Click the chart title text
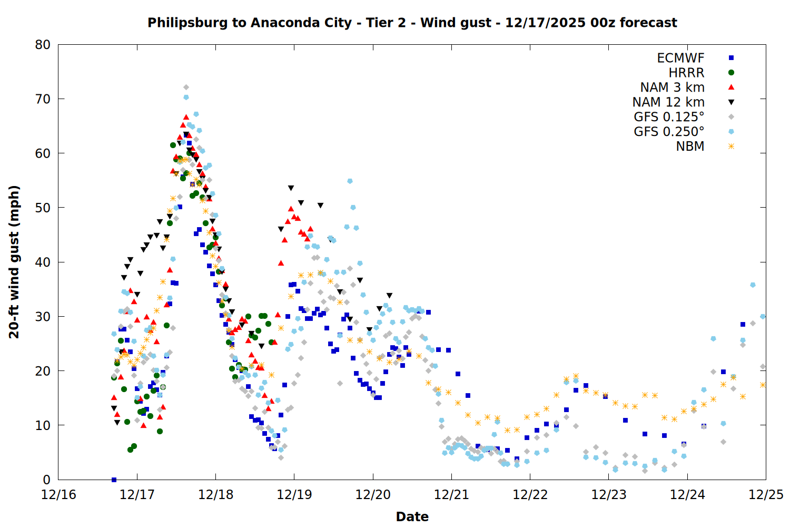412,23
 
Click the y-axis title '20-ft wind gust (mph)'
14,262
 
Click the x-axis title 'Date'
412,516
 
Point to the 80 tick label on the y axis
43,45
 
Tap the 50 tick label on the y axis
43,208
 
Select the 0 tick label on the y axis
46,480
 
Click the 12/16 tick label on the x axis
58,495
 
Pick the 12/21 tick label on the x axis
451,495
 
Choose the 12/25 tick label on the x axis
766,495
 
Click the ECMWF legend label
680,58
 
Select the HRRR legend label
686,73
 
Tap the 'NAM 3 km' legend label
672,87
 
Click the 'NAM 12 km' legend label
668,102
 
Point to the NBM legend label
690,147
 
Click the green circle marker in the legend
731,73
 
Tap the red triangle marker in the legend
731,87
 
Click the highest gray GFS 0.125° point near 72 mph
186,87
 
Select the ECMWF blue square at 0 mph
114,480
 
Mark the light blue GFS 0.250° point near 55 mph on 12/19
350,181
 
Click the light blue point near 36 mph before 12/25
753,285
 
